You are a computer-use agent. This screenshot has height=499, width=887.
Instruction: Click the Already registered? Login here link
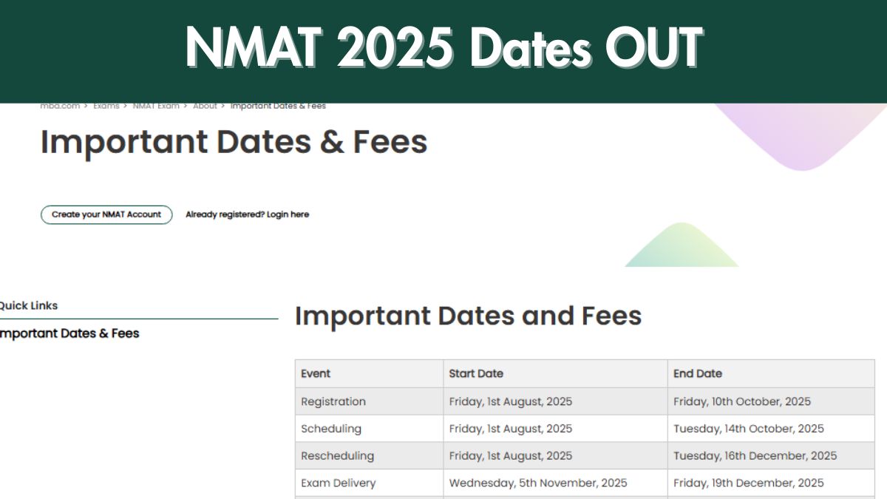point(247,214)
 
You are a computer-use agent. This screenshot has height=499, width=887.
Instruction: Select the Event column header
point(316,373)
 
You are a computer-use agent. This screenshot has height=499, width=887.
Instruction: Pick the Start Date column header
point(476,373)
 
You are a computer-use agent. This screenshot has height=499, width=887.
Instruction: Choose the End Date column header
point(698,373)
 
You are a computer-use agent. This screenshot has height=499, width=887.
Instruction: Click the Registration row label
point(333,401)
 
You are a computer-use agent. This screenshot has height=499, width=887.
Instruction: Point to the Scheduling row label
point(331,429)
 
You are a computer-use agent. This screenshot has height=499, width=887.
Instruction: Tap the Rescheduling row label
point(337,455)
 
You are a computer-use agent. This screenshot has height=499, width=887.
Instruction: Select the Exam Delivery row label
point(338,483)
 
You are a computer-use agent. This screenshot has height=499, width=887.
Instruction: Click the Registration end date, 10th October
point(742,401)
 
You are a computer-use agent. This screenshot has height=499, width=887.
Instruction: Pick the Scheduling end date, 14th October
point(749,429)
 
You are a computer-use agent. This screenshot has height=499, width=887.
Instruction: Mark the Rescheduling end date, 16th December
point(755,455)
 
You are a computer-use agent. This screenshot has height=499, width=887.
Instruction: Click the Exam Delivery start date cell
point(538,483)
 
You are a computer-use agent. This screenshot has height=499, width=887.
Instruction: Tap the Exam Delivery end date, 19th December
point(749,483)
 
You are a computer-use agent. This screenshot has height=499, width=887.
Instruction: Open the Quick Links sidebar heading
point(28,305)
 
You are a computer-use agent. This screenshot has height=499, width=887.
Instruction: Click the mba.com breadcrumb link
point(60,106)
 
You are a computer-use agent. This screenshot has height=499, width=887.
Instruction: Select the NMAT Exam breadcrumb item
point(156,106)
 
